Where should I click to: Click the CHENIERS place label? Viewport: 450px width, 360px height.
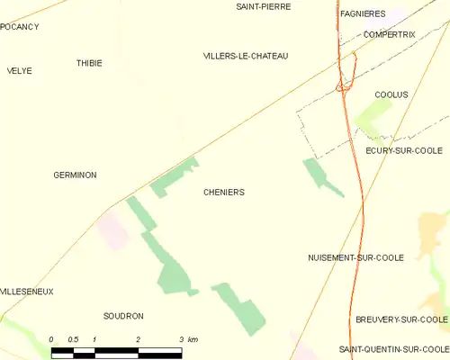[224, 193]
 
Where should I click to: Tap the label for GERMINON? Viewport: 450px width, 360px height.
[76, 175]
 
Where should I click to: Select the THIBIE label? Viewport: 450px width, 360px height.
[89, 63]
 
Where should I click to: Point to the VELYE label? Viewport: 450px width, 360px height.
[19, 70]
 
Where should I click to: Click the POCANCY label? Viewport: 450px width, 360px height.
[20, 27]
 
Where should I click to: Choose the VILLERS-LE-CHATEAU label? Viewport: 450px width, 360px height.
[246, 56]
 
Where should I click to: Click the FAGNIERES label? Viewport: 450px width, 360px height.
[364, 14]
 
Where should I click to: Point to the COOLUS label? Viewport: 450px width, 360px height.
[391, 94]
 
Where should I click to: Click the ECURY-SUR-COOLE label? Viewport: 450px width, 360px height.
[404, 150]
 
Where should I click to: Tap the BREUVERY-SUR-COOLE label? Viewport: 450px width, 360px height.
[401, 319]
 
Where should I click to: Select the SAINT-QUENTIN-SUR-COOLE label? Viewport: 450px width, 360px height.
[393, 348]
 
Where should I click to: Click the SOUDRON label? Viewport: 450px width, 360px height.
[123, 316]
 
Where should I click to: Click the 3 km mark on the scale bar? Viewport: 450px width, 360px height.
[181, 339]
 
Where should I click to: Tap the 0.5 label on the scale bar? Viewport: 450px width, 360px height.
[73, 339]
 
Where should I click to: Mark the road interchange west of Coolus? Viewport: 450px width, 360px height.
[343, 86]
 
